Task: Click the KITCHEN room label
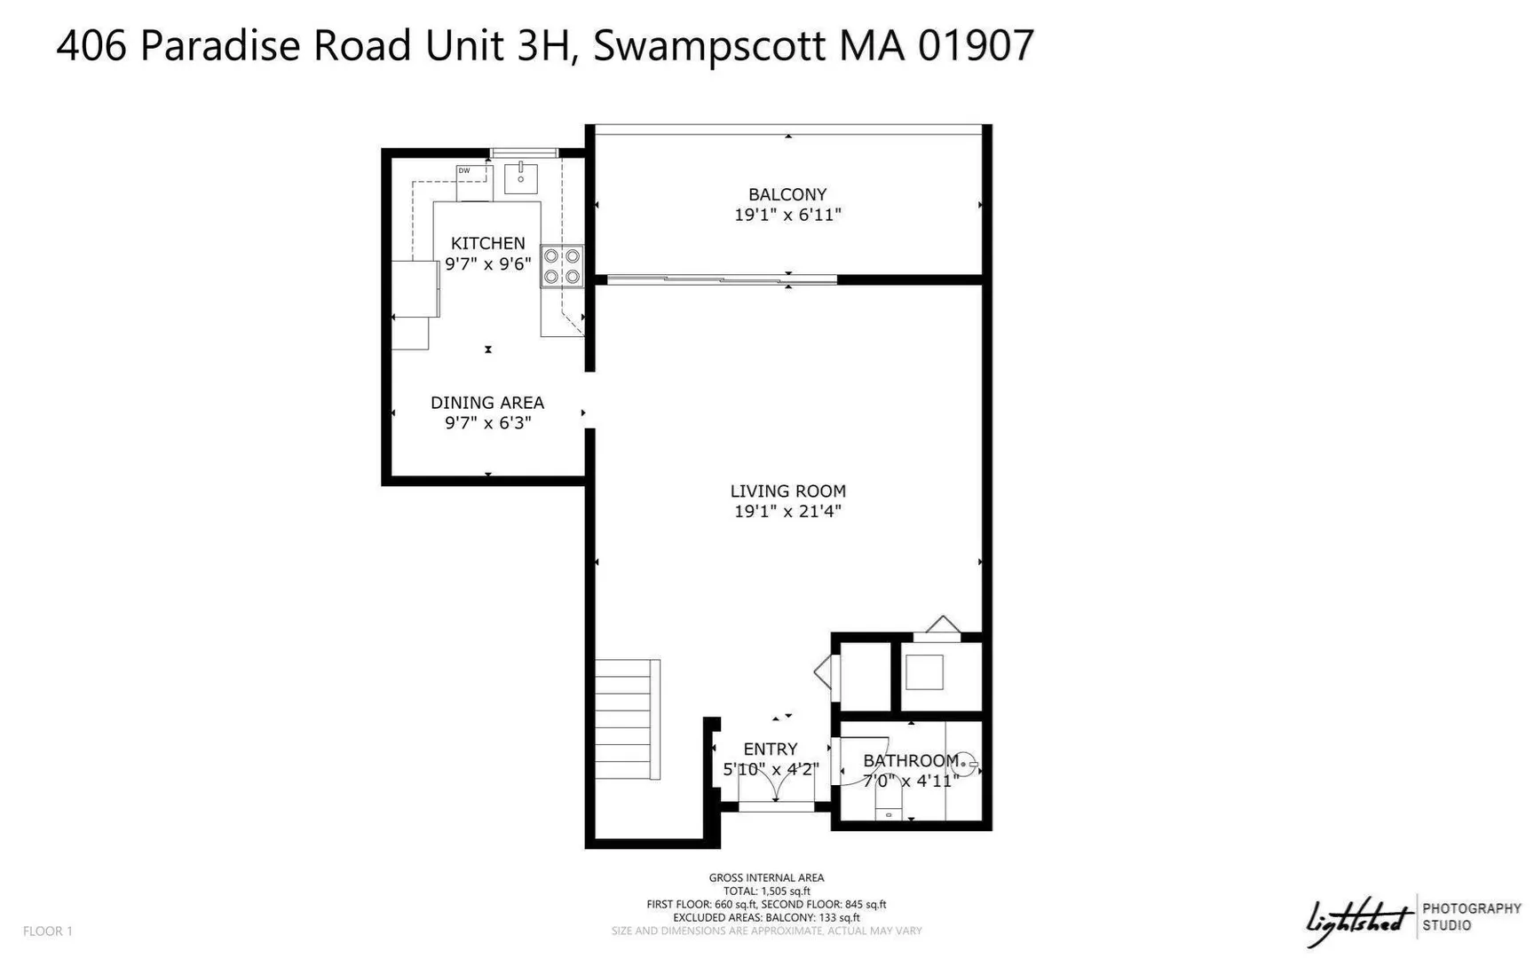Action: click(487, 243)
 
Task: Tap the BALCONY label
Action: click(787, 194)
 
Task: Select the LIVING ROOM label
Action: click(787, 491)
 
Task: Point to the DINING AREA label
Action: click(487, 403)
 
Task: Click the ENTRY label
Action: click(771, 749)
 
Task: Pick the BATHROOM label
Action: click(911, 760)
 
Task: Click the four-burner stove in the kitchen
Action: click(563, 266)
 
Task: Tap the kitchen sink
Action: click(521, 177)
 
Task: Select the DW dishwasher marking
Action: click(464, 170)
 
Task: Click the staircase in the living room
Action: click(628, 719)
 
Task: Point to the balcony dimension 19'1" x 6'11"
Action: click(787, 215)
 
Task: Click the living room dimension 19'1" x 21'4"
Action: click(787, 511)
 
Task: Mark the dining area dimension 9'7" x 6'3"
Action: click(487, 423)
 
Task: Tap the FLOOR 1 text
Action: click(48, 931)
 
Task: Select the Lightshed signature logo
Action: click(1358, 922)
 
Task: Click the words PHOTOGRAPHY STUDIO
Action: click(1472, 916)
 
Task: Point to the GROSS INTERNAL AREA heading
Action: click(766, 877)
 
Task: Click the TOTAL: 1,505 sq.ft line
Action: click(766, 891)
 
